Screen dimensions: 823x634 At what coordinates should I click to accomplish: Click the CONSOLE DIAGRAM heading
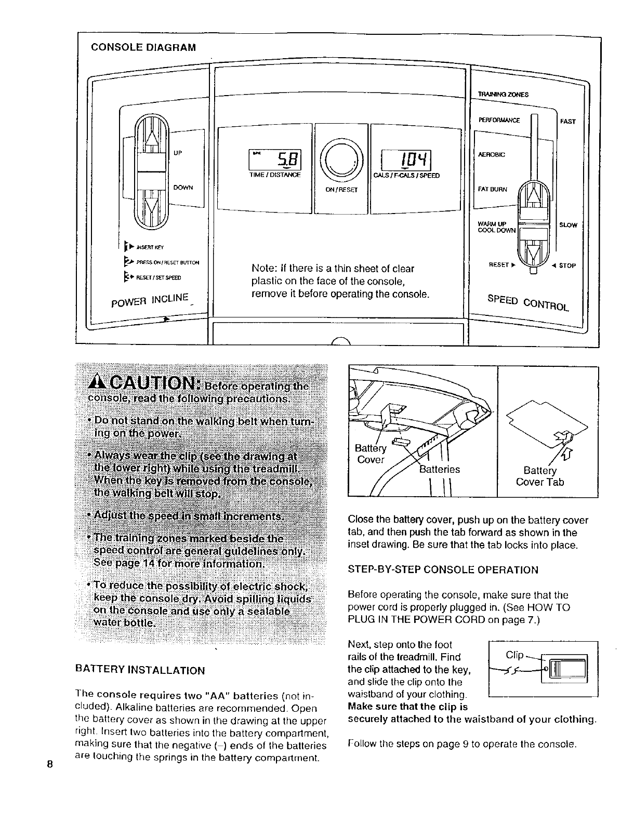[143, 47]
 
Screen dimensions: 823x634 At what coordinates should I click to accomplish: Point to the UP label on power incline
[178, 153]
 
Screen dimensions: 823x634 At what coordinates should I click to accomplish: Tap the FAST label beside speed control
[568, 122]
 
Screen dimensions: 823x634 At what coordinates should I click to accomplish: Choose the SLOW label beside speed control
[568, 225]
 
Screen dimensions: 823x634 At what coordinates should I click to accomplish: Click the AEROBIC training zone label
[491, 155]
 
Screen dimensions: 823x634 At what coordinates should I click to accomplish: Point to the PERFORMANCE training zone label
[499, 121]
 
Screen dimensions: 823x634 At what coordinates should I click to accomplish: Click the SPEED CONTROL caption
[527, 303]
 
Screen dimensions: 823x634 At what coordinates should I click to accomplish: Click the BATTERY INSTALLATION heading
[140, 670]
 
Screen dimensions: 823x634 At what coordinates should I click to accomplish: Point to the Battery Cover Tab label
[540, 476]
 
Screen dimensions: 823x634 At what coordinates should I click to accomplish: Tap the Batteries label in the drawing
[439, 469]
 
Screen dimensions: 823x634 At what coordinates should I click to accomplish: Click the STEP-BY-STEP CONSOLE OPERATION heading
[443, 569]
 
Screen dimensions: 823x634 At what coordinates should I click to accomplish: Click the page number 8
[50, 764]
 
